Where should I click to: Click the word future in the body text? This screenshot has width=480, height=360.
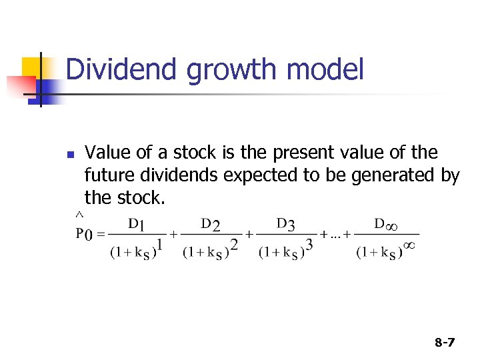(107, 175)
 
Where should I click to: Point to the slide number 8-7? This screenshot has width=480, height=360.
(444, 343)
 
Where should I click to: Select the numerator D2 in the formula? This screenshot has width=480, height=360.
(211, 223)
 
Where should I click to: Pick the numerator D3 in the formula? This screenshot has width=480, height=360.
(285, 223)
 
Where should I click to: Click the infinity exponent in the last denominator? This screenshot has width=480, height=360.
(410, 245)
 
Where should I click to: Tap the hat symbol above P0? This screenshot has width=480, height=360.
(79, 215)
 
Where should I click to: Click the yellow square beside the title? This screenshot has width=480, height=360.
(32, 67)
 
